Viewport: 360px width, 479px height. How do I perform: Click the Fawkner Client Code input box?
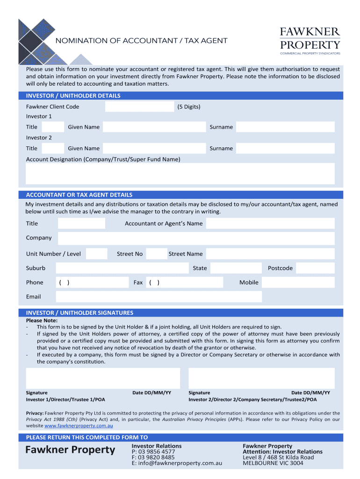coord(139,107)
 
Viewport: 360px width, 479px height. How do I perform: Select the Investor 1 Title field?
coord(53,127)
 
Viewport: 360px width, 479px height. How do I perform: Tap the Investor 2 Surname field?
coord(285,148)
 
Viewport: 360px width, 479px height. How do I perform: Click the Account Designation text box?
coord(180,174)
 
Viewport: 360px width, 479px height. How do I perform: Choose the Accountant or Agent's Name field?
coord(270,224)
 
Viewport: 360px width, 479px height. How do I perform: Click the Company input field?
coord(196,238)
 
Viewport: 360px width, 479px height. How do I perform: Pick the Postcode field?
coord(316,268)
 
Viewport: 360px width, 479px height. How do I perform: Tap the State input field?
coord(236,268)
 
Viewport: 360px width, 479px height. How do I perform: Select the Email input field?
coord(159,297)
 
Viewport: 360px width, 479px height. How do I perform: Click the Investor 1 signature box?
coord(103,378)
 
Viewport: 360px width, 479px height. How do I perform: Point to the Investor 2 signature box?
coord(261,378)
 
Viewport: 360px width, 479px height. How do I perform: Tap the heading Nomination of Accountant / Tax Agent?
coord(142,41)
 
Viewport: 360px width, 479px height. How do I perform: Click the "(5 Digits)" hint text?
coord(189,107)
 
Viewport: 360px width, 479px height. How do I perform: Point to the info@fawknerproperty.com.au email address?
coord(177,463)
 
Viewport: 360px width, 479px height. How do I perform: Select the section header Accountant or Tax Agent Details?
coord(79,195)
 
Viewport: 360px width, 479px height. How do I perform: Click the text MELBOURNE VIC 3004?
coord(273,463)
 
